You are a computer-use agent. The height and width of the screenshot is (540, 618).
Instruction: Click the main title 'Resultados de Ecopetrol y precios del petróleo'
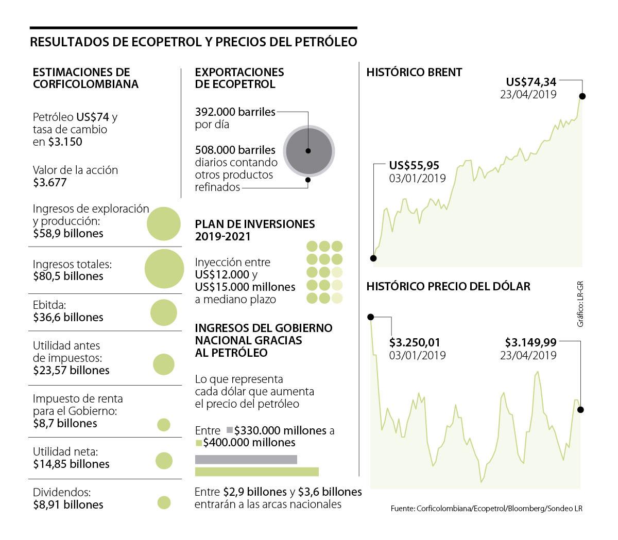193,42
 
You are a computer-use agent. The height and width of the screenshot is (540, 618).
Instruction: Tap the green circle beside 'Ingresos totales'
164,269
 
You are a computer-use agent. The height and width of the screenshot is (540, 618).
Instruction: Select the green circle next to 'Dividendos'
164,502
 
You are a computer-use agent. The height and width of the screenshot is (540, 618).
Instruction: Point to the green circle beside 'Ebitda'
164,312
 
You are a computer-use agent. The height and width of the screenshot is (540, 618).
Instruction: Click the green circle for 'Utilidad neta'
164,461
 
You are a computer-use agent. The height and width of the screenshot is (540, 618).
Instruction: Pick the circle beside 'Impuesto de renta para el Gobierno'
164,425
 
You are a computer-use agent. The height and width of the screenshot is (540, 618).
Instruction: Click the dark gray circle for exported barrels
308,151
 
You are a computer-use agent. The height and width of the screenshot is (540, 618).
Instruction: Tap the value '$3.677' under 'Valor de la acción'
50,182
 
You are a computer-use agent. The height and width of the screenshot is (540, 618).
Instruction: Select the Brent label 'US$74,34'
531,82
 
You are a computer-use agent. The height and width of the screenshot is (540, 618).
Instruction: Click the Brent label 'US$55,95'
414,166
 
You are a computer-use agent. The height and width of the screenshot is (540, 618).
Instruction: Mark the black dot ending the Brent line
582,96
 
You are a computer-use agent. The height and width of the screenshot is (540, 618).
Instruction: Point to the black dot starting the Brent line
373,258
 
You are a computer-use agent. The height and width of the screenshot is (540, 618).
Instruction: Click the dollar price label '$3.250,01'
415,342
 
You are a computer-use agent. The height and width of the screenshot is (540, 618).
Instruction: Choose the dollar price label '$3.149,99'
530,342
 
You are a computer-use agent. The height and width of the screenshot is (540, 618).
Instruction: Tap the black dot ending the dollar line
581,410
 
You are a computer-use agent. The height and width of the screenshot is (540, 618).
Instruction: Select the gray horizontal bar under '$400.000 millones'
246,460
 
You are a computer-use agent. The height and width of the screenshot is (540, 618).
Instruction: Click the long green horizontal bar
257,472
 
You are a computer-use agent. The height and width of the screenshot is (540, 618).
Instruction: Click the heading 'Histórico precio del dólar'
448,287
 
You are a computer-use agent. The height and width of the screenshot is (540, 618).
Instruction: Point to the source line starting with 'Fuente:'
486,509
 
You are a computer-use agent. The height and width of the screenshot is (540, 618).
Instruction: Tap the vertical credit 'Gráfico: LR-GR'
580,304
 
